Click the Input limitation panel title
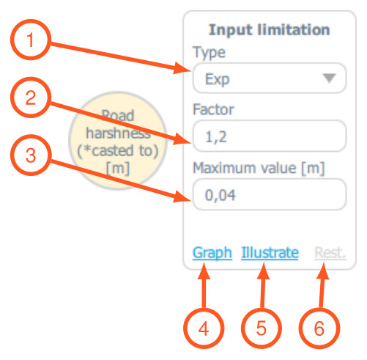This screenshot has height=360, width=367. [270, 30]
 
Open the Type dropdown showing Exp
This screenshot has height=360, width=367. [270, 78]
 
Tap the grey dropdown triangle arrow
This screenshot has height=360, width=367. [330, 78]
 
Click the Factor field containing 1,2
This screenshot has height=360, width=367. [270, 136]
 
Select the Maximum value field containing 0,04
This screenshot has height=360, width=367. [270, 194]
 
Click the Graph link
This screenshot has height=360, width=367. [212, 253]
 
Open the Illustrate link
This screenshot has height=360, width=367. [270, 252]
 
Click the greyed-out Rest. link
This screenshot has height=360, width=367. [330, 252]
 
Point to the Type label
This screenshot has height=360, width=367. [209, 53]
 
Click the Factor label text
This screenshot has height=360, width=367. [213, 109]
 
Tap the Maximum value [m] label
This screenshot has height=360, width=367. [259, 168]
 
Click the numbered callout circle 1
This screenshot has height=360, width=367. [31, 40]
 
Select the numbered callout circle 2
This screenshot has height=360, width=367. [31, 98]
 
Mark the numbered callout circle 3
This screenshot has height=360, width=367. [31, 155]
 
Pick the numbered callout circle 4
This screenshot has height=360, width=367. [204, 328]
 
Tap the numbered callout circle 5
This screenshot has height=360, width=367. [262, 328]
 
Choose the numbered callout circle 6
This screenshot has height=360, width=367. [319, 328]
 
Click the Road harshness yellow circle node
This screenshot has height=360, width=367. [118, 140]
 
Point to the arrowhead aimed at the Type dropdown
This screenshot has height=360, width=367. [182, 68]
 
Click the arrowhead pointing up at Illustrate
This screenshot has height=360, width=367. [264, 271]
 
